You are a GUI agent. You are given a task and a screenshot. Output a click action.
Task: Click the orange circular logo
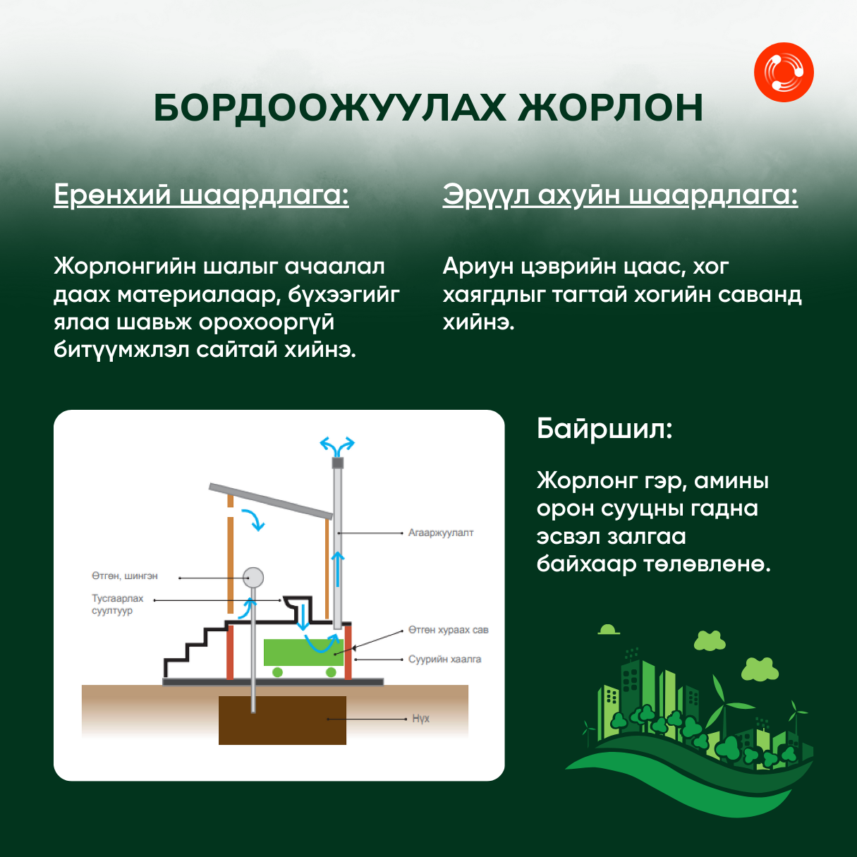click(784, 72)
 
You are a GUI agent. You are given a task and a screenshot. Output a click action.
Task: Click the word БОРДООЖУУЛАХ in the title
click(329, 108)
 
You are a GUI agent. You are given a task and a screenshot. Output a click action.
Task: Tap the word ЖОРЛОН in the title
click(610, 108)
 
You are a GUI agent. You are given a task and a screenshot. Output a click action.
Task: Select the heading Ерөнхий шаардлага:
click(201, 195)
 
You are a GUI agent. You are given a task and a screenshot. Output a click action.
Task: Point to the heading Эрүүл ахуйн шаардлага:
click(620, 195)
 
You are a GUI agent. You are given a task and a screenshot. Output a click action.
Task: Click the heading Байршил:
click(604, 429)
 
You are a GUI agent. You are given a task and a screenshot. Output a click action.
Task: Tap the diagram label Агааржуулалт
click(441, 533)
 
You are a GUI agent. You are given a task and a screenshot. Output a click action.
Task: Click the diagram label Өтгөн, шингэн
click(125, 576)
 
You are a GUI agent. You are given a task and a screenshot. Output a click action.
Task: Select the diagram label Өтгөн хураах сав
click(449, 630)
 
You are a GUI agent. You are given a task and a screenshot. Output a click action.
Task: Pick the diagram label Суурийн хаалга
click(445, 659)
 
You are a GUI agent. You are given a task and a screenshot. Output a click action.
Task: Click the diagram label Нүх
click(420, 719)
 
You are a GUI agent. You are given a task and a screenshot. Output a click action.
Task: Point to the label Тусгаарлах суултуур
click(117, 604)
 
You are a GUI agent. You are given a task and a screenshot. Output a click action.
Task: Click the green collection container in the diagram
click(303, 652)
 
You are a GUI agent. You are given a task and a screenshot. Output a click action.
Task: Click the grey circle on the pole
click(253, 578)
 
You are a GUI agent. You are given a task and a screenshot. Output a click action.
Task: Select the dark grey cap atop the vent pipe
click(338, 463)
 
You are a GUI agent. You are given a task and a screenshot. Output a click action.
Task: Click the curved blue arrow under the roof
click(254, 519)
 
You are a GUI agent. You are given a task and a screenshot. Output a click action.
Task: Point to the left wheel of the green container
click(277, 672)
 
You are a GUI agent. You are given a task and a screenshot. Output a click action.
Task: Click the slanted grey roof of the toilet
click(271, 502)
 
